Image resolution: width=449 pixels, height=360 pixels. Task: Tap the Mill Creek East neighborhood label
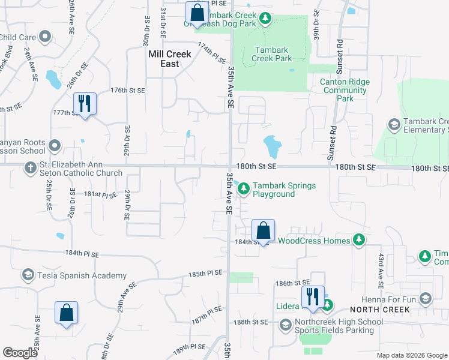tap(170, 59)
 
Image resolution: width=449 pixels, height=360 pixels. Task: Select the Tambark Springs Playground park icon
tap(244, 190)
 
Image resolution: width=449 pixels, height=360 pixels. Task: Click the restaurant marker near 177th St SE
tap(85, 104)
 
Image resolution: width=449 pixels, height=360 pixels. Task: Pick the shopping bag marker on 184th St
tap(263, 230)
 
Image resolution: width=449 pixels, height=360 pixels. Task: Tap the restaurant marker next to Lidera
tap(313, 297)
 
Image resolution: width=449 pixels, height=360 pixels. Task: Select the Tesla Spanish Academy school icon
tap(28, 275)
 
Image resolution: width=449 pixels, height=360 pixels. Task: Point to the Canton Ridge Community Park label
tap(345, 90)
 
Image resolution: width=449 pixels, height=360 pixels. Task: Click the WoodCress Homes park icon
tap(359, 241)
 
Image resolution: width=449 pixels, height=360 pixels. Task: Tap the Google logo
tap(20, 353)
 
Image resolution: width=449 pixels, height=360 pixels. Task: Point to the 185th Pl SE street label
tap(205, 274)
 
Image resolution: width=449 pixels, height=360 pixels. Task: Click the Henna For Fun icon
tap(426, 299)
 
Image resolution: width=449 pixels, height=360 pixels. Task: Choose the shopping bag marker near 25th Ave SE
tap(66, 313)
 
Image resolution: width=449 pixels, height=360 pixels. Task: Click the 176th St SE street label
tap(128, 91)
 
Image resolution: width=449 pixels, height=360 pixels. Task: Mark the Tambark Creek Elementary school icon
tap(394, 125)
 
